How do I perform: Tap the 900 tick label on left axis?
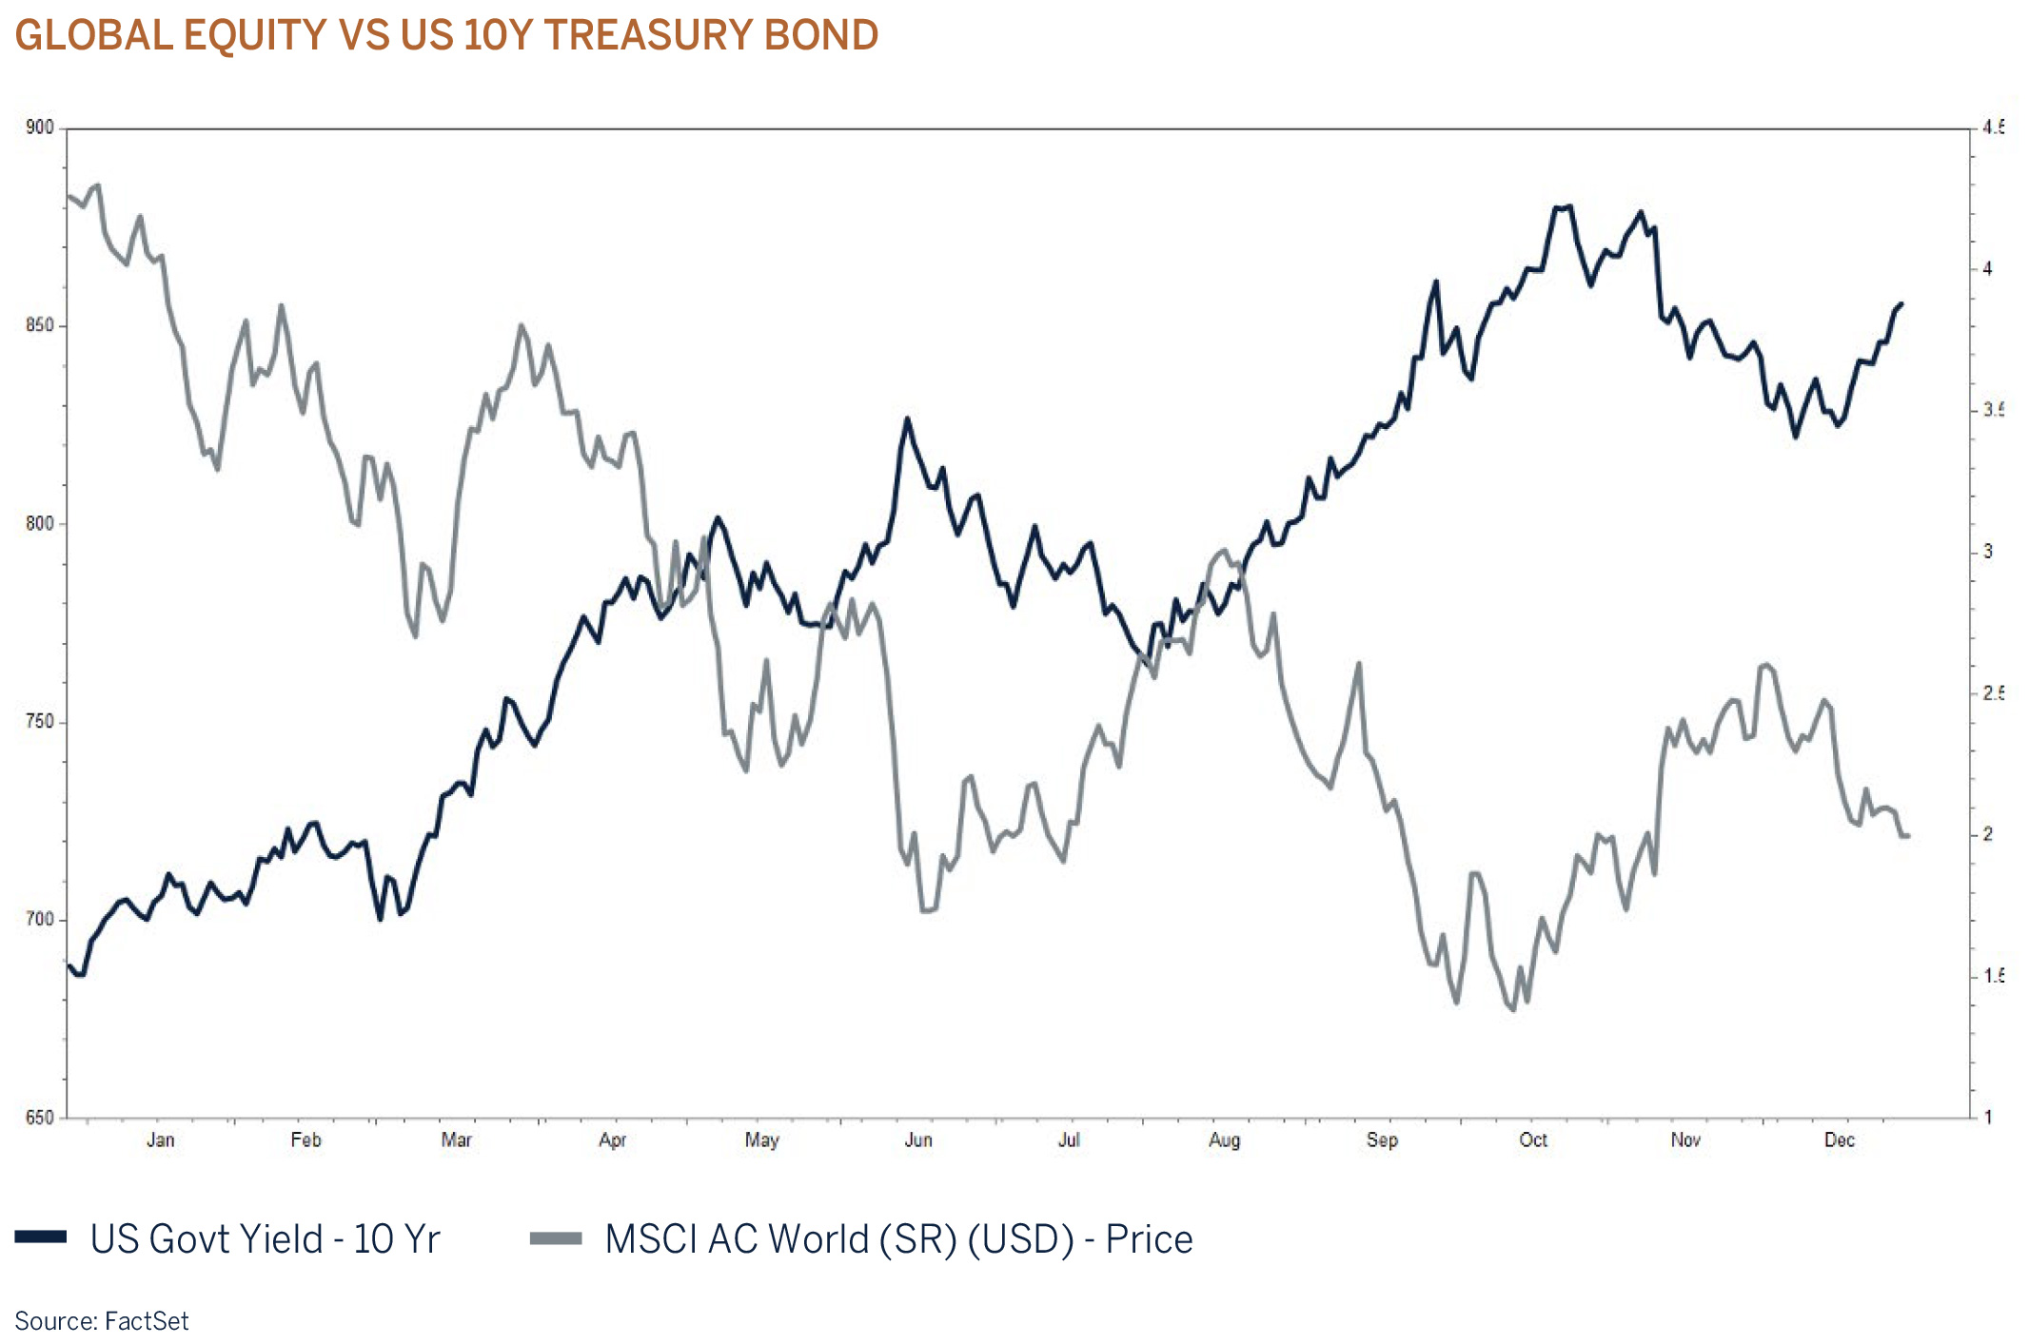click(40, 127)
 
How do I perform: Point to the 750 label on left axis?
click(40, 722)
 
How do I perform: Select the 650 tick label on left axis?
click(40, 1118)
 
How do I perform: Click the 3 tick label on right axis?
click(1988, 552)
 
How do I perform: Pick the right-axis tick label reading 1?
click(1988, 1118)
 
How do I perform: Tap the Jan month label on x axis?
click(160, 1139)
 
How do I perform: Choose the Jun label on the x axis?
click(917, 1139)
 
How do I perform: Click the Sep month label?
click(1382, 1139)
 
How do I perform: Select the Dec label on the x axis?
click(1839, 1139)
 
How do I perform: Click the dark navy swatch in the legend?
click(41, 1237)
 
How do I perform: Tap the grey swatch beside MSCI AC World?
click(556, 1237)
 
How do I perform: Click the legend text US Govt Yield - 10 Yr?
click(265, 1239)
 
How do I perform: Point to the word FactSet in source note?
click(147, 1321)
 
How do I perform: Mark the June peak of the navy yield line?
click(907, 419)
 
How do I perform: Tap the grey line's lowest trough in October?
click(1513, 1009)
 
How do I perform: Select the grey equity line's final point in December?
click(1908, 836)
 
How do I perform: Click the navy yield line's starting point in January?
click(69, 966)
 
